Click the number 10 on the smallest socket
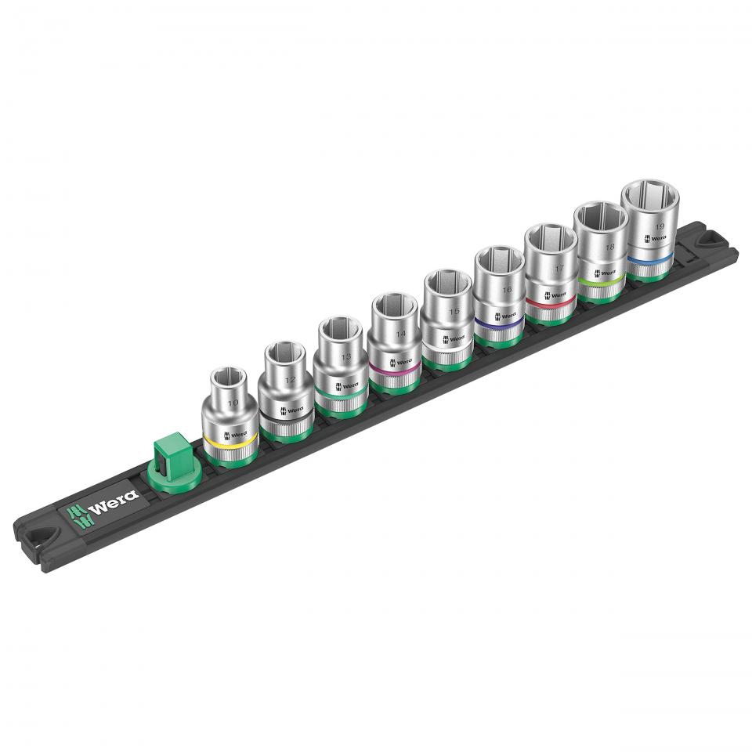233,403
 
